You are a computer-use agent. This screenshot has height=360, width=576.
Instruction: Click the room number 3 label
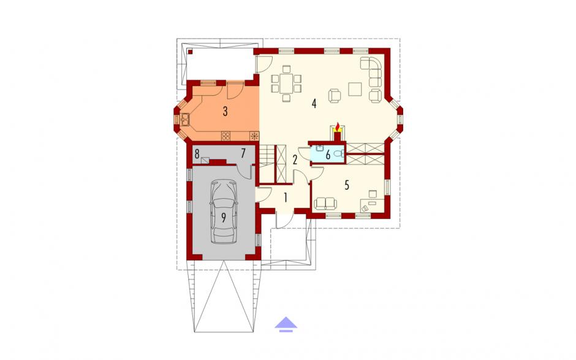click(x=225, y=111)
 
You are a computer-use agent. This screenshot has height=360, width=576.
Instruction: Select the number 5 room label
click(x=347, y=185)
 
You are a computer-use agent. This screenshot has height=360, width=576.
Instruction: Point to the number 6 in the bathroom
click(x=328, y=155)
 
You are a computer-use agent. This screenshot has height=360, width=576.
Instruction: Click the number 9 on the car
click(x=223, y=218)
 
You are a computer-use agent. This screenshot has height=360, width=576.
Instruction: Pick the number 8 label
click(x=197, y=154)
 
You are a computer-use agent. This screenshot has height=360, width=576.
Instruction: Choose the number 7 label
click(x=243, y=153)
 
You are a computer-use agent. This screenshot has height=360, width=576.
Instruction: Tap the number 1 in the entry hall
click(x=285, y=198)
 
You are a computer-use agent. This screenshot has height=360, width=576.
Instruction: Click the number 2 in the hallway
click(x=295, y=159)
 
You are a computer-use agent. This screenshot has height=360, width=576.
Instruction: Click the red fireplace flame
click(x=338, y=127)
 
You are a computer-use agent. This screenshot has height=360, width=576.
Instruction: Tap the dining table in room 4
click(x=287, y=83)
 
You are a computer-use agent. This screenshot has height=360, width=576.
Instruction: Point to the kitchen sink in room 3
click(x=184, y=119)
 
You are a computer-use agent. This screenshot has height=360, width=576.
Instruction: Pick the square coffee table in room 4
click(x=355, y=89)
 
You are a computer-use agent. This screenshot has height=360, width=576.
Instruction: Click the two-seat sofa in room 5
click(x=325, y=204)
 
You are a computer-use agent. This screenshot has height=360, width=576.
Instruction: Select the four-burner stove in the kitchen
click(x=226, y=136)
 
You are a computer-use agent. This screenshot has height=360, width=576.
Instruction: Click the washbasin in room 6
click(x=319, y=148)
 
